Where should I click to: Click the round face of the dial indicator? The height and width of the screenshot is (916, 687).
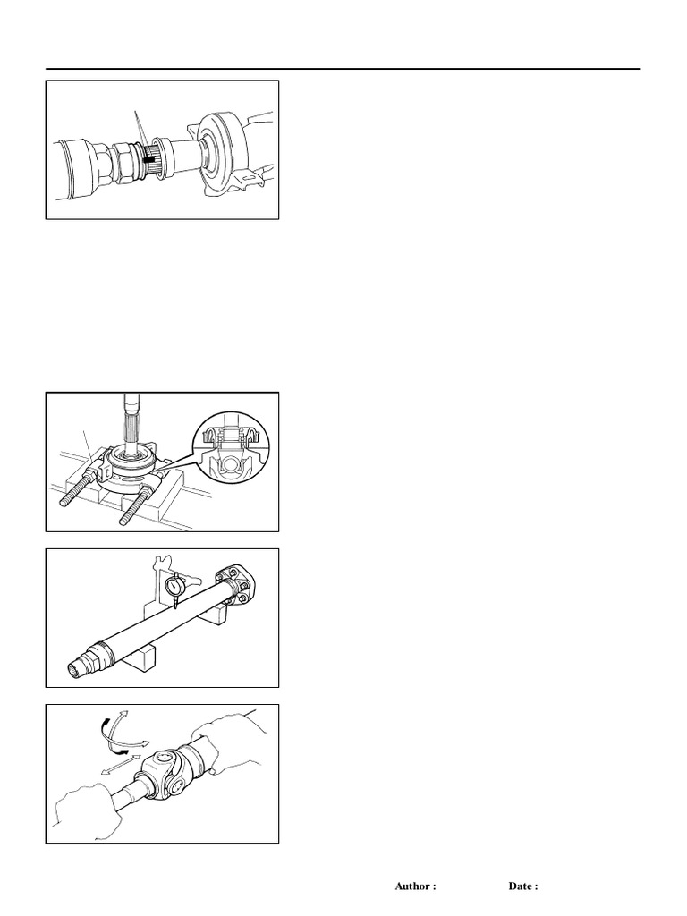point(175,585)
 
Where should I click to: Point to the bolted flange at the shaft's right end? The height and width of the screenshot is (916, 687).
point(238,589)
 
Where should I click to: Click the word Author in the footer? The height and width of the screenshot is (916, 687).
point(415,886)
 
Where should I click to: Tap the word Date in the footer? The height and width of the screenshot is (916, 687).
point(523,886)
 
